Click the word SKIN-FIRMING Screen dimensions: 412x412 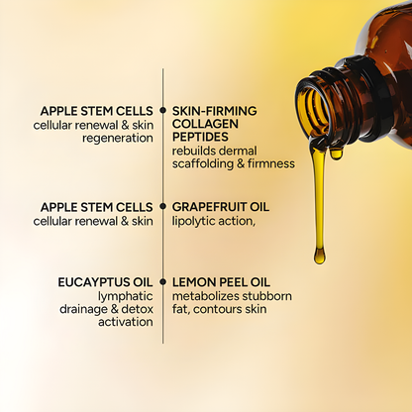(214, 110)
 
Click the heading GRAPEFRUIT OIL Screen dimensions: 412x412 (220, 207)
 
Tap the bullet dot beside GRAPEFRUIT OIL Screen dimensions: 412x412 (163, 207)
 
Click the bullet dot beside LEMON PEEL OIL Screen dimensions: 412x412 (163, 281)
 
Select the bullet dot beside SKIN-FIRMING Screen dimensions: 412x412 (163, 110)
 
